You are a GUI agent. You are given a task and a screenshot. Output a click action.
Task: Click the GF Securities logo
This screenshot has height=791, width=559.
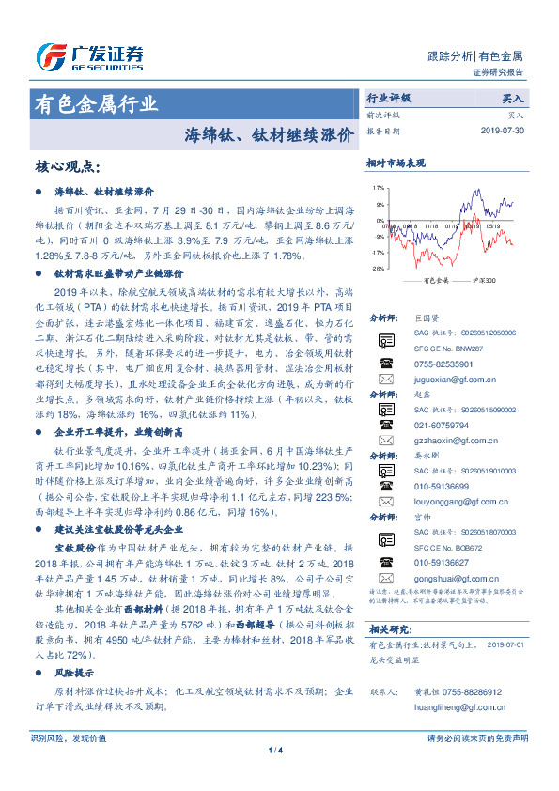point(90,55)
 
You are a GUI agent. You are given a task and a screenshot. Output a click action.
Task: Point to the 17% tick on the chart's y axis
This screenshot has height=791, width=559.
point(378,187)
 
